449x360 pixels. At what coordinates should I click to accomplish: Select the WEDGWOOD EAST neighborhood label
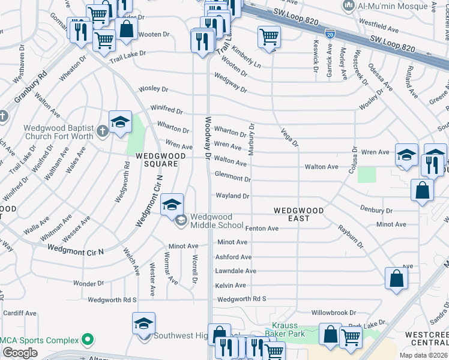(x=298, y=214)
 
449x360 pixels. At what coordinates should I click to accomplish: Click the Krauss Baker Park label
(x=285, y=329)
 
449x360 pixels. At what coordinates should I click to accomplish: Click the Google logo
(x=20, y=353)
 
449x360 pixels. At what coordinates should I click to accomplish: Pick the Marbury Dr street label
(x=252, y=139)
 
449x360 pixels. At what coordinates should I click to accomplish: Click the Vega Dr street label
(x=288, y=137)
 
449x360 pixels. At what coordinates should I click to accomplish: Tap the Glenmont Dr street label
(x=232, y=179)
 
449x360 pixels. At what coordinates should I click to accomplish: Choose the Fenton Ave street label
(x=262, y=228)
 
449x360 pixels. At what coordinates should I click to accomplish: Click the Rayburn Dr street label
(x=350, y=236)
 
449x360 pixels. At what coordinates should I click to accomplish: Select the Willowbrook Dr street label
(x=334, y=313)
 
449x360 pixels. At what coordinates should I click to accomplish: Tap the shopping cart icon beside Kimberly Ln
(x=269, y=37)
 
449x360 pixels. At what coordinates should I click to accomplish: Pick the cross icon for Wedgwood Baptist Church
(x=103, y=131)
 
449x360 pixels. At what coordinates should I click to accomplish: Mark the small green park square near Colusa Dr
(x=366, y=175)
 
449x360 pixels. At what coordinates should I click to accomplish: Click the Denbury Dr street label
(x=376, y=211)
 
